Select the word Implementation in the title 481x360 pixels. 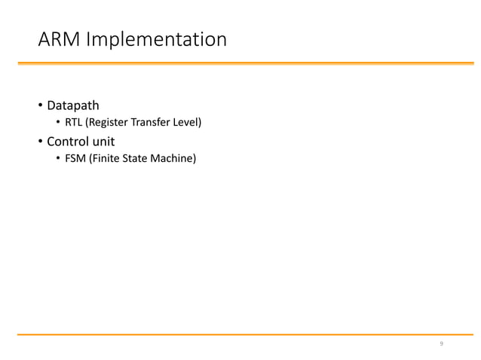point(157,39)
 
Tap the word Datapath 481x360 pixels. point(73,105)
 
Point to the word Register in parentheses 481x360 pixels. point(107,122)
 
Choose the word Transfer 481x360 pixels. point(150,122)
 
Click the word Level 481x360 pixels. point(186,122)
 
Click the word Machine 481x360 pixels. point(174,159)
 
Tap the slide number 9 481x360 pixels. point(442,345)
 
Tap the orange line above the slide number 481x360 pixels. point(240,333)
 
